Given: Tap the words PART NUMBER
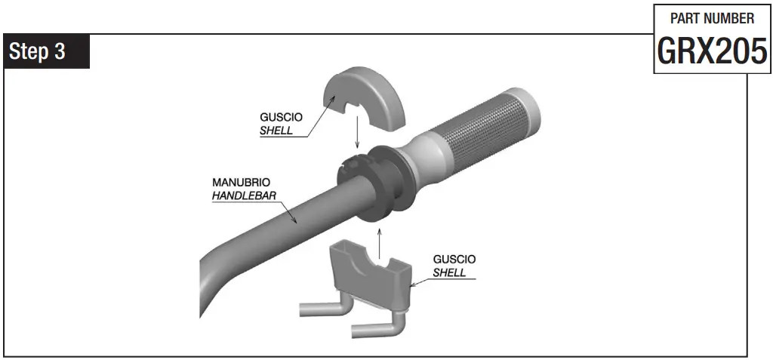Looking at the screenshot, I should point(712,18).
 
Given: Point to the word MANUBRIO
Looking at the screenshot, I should point(241,183).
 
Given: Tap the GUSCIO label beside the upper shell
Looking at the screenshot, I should point(282,118).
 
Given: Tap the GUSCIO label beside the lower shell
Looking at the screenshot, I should point(454,259).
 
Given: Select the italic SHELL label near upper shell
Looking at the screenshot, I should point(276,130).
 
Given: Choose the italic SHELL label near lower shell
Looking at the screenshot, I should point(449,272).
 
